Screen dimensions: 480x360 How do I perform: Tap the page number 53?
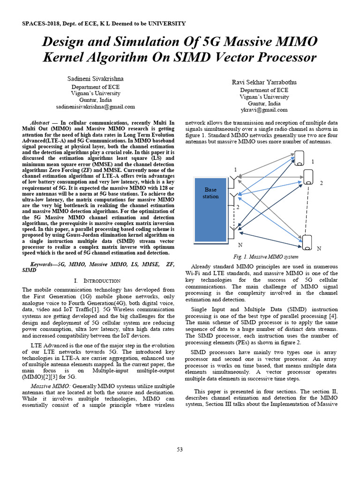(x=180, y=450)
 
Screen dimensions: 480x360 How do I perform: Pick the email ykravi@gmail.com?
(x=264, y=110)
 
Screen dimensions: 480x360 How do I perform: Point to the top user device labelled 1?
(x=299, y=157)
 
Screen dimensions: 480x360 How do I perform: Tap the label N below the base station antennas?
(x=240, y=245)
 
